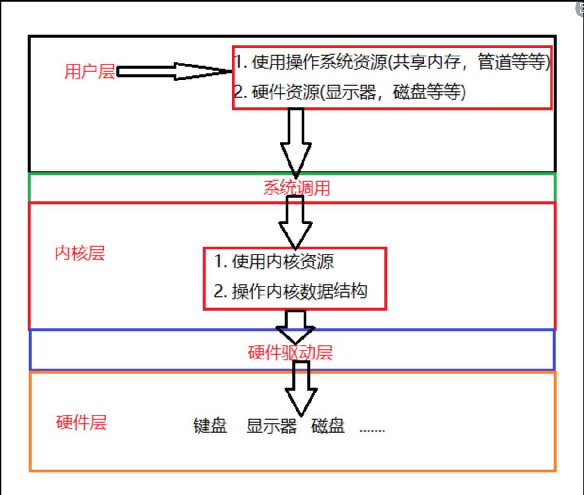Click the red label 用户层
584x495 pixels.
pyautogui.click(x=90, y=72)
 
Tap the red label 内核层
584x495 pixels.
pyautogui.click(x=80, y=253)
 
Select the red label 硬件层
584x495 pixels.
pyautogui.click(x=81, y=422)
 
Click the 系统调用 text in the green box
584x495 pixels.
pyautogui.click(x=297, y=188)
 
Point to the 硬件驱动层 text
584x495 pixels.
pyautogui.click(x=290, y=352)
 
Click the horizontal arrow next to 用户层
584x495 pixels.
pyautogui.click(x=174, y=72)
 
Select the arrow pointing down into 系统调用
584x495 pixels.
pyautogui.click(x=296, y=141)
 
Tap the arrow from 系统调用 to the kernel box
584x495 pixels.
pyautogui.click(x=295, y=221)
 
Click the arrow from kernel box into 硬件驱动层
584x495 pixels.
pyautogui.click(x=295, y=327)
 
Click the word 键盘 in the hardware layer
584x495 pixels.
pyautogui.click(x=210, y=426)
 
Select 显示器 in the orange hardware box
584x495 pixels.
pyautogui.click(x=272, y=426)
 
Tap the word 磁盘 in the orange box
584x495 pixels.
pyautogui.click(x=328, y=426)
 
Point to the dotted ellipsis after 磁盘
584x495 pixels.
pyautogui.click(x=372, y=429)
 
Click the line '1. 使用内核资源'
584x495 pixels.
pyautogui.click(x=274, y=262)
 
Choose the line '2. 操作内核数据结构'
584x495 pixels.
pyautogui.click(x=290, y=291)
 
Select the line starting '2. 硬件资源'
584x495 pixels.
pyautogui.click(x=350, y=92)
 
